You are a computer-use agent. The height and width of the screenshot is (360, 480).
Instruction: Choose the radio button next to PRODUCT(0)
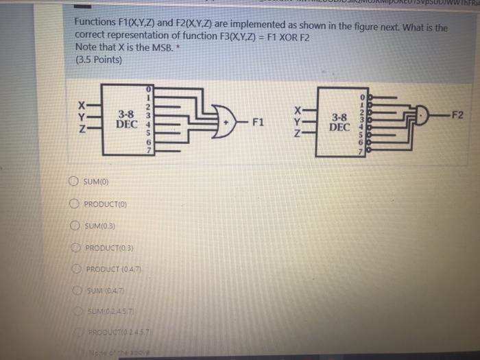pos(74,204)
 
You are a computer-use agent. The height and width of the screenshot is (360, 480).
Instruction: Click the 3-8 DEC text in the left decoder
pos(126,119)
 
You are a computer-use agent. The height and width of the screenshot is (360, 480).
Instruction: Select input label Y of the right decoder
pos(297,122)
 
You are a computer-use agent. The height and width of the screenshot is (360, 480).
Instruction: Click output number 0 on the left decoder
pos(147,89)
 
